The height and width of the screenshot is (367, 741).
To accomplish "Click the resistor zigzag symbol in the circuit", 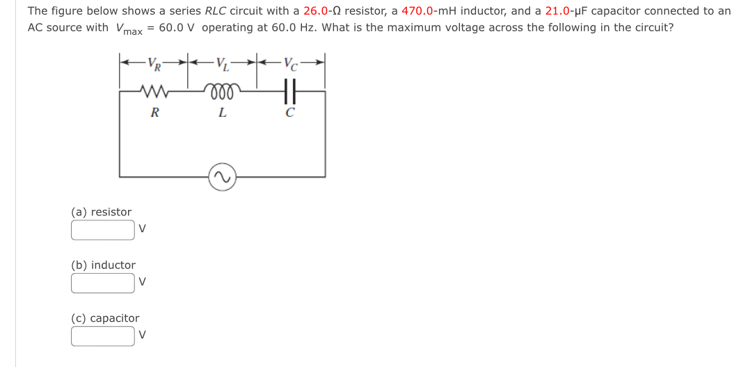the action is click(153, 90).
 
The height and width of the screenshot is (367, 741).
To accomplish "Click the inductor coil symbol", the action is click(222, 90).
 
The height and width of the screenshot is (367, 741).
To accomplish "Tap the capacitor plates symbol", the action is click(291, 90).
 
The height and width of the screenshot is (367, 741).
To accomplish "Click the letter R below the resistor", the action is click(154, 113).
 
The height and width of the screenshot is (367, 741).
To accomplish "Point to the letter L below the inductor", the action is click(222, 113).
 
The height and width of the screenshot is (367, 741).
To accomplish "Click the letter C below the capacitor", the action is click(291, 113).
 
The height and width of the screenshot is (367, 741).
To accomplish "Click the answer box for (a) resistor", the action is click(103, 230).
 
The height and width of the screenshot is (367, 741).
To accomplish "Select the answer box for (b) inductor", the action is click(103, 283).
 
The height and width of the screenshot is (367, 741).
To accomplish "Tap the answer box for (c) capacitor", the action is click(103, 336).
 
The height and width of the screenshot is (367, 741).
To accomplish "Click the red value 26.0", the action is click(317, 11).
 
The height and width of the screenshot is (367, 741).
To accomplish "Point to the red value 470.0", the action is click(419, 11).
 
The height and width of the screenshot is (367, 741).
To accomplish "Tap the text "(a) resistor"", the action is click(102, 212).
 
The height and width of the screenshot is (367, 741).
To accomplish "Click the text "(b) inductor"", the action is click(104, 265).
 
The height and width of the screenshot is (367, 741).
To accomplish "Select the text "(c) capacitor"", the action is click(105, 318).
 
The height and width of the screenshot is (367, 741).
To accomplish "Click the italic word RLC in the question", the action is click(215, 11).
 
